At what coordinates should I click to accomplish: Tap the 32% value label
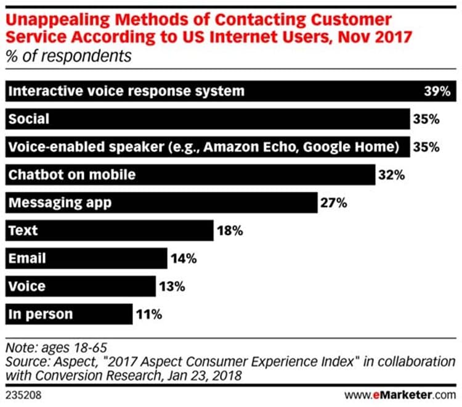pyautogui.click(x=392, y=175)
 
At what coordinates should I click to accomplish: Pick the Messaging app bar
pyautogui.click(x=160, y=202)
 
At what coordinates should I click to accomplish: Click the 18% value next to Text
pyautogui.click(x=230, y=231)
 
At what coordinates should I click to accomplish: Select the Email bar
pyautogui.click(x=86, y=258)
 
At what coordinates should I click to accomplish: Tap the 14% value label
pyautogui.click(x=183, y=258)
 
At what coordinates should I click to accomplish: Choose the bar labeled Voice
pyautogui.click(x=80, y=287)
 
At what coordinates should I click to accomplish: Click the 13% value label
pyautogui.click(x=172, y=287)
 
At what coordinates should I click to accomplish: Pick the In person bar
pyautogui.click(x=68, y=314)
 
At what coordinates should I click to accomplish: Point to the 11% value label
pyautogui.click(x=148, y=314)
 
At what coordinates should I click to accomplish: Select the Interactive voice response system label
pyautogui.click(x=126, y=91)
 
